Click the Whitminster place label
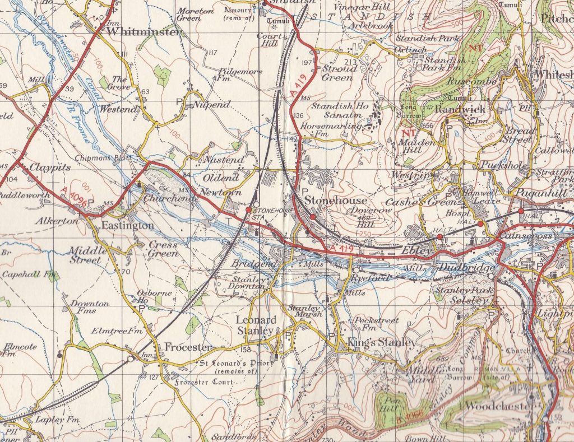144,32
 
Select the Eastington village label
127,226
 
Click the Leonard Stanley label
256,325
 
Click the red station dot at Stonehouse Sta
248,210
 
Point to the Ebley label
418,252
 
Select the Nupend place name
212,105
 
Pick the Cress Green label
163,249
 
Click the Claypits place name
44,166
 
